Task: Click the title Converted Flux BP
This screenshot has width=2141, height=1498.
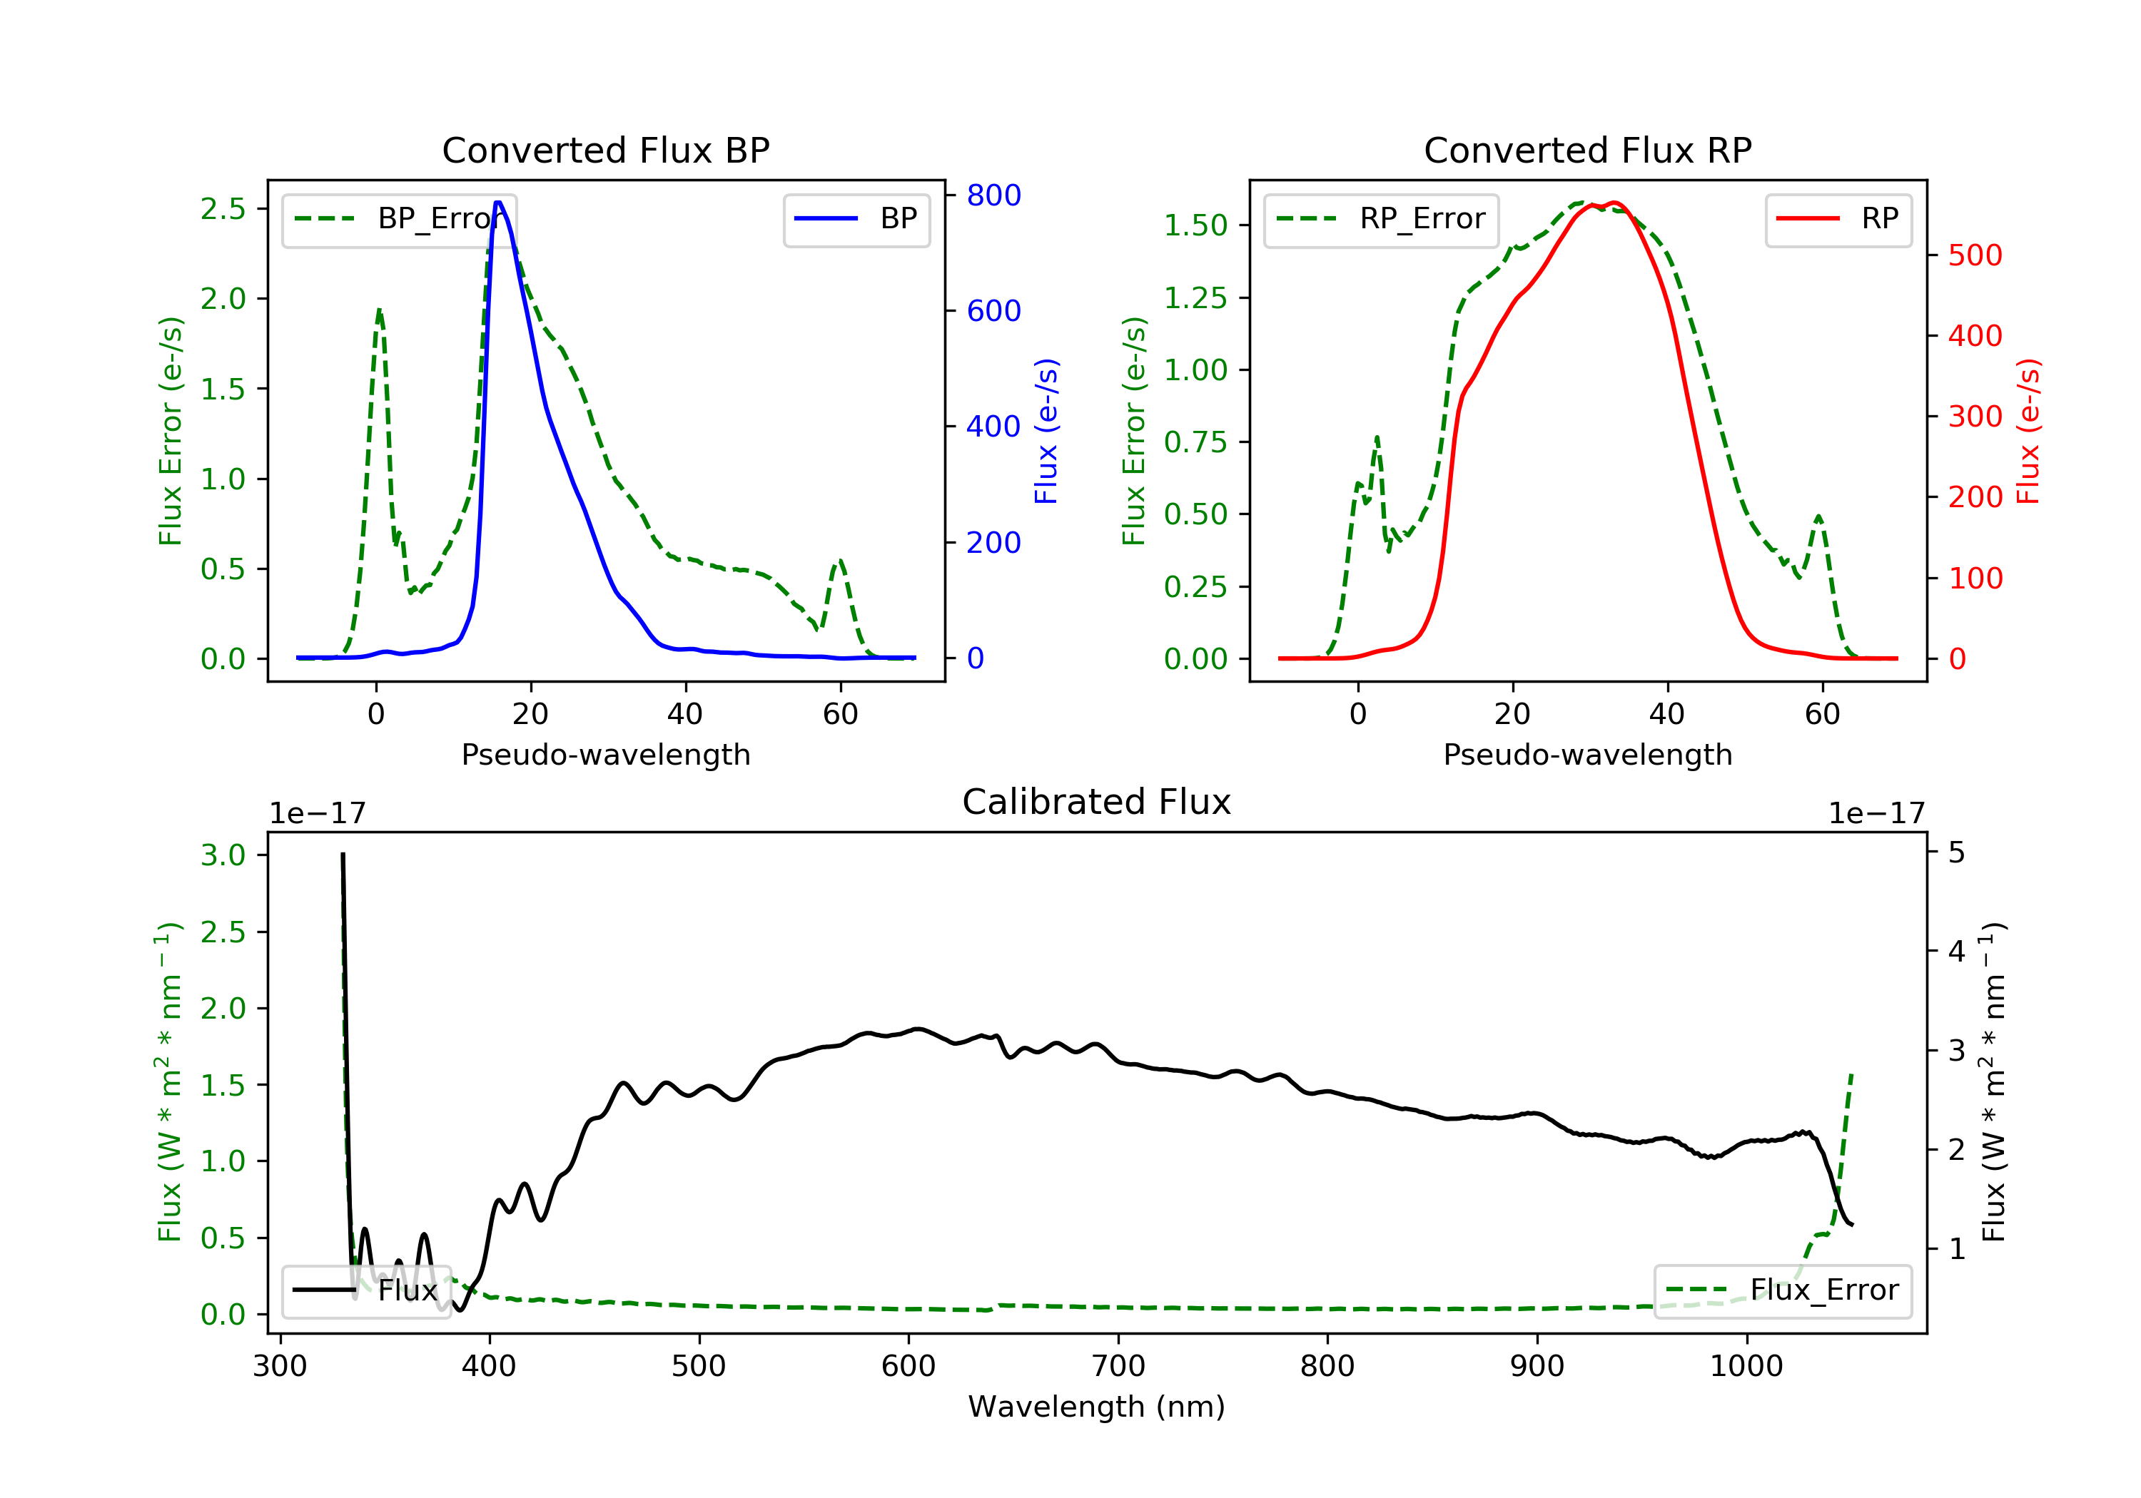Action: pyautogui.click(x=605, y=150)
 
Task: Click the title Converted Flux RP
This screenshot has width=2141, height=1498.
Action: pyautogui.click(x=1587, y=150)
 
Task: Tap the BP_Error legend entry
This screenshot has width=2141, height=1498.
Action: pyautogui.click(x=399, y=219)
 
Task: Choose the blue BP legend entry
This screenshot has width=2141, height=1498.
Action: pyautogui.click(x=856, y=219)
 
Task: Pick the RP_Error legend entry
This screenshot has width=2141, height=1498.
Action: pyautogui.click(x=1381, y=219)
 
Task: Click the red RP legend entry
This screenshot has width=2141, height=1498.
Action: pyautogui.click(x=1838, y=219)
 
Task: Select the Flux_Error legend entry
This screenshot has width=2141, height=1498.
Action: pyautogui.click(x=1782, y=1290)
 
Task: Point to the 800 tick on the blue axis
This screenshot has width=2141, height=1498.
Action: pyautogui.click(x=993, y=195)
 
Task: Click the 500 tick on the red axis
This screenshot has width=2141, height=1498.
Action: pyautogui.click(x=1975, y=255)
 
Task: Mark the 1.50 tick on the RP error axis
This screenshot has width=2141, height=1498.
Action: pyautogui.click(x=1195, y=225)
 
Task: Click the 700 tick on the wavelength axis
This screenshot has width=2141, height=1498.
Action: pyautogui.click(x=1118, y=1367)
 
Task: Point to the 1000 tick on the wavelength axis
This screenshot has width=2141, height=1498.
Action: pyautogui.click(x=1746, y=1367)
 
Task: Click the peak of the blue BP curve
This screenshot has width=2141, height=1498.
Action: pyautogui.click(x=498, y=203)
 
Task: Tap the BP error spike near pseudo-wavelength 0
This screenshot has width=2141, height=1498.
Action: pyautogui.click(x=378, y=310)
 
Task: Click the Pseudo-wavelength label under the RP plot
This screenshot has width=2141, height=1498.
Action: pyautogui.click(x=1587, y=754)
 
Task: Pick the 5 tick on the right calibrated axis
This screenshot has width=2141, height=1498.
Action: pyautogui.click(x=1956, y=853)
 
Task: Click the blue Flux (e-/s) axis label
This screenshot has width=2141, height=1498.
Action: pyautogui.click(x=1046, y=431)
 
